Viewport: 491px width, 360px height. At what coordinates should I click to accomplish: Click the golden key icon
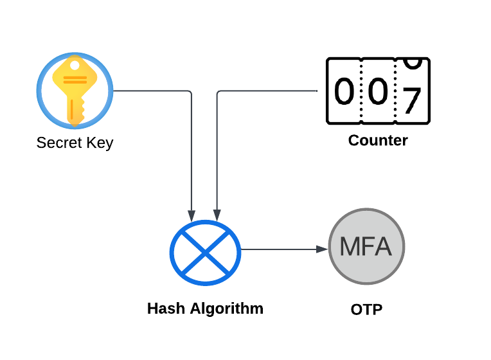pos(75,89)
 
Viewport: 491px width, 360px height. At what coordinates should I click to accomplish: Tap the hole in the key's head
pos(75,66)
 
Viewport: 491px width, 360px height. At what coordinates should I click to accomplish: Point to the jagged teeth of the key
pos(80,108)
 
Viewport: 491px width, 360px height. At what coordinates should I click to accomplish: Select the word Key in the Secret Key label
pos(98,143)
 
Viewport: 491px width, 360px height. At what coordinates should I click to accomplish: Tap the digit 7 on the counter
pos(411,100)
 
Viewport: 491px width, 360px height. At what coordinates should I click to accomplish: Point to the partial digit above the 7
pos(413,62)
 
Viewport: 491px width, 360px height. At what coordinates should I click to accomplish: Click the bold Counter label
pos(378,140)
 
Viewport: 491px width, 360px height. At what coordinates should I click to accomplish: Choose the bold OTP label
pos(366,310)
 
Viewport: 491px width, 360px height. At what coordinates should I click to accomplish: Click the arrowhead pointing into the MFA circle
pos(323,249)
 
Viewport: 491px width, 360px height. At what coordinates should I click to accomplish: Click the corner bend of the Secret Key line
pos(190,92)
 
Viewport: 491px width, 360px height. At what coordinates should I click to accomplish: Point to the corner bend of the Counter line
pos(219,92)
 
